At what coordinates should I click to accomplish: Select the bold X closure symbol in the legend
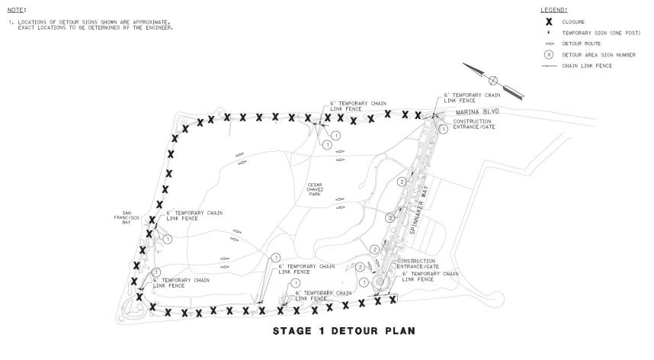click(x=548, y=22)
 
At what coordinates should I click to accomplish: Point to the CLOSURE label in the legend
click(x=574, y=22)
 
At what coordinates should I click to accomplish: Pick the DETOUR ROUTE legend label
click(x=580, y=44)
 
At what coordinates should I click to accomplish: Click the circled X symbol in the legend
click(x=548, y=55)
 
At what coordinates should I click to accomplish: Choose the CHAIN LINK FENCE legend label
click(x=587, y=66)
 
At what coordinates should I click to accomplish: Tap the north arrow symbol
click(x=493, y=80)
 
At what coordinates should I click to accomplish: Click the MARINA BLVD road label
click(x=479, y=111)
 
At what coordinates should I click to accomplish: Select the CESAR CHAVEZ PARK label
click(x=315, y=189)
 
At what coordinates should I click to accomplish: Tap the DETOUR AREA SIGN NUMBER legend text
click(x=599, y=55)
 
